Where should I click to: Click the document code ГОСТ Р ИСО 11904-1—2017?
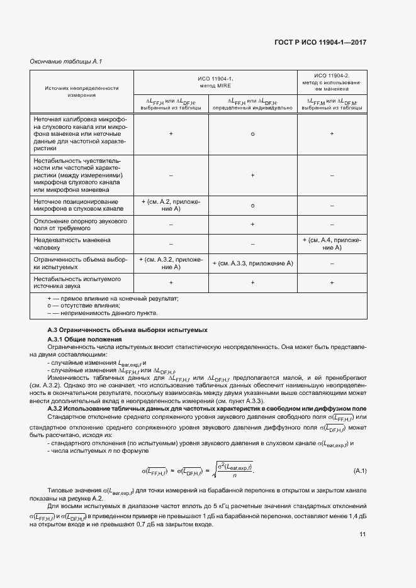[320, 42]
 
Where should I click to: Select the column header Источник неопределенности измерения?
[82, 91]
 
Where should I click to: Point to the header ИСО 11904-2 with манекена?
[332, 82]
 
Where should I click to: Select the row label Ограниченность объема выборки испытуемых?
[81, 263]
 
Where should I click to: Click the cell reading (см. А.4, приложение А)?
[332, 243]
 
